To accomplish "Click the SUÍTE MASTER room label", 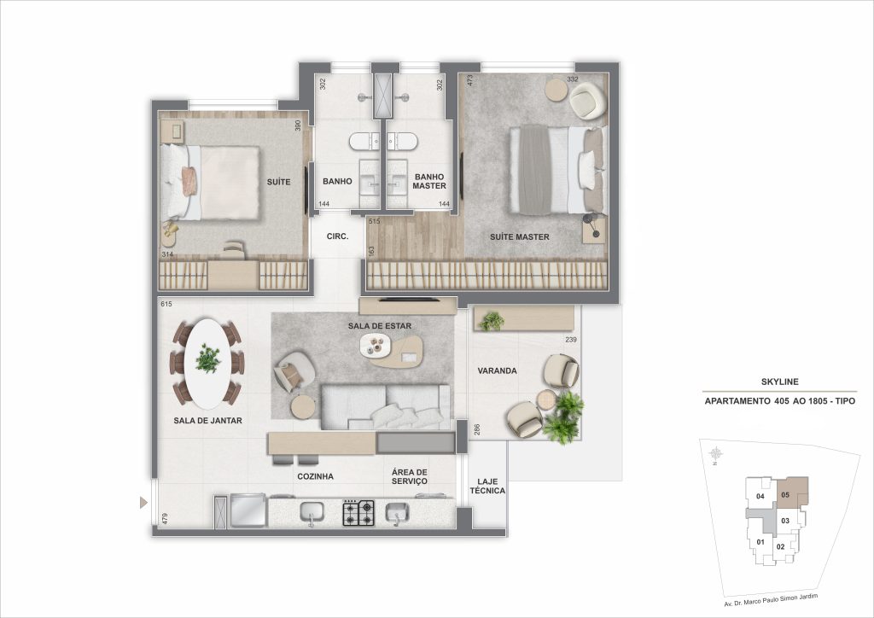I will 519,236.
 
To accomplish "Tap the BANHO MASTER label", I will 429,181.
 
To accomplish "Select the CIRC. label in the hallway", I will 336,236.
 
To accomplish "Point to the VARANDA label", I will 491,371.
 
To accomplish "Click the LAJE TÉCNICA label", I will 487,485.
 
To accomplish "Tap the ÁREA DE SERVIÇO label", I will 410,476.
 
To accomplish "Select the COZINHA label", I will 315,476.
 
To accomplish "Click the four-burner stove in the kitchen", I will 358,512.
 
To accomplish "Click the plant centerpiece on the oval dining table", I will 207,359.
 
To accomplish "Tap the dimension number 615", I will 166,305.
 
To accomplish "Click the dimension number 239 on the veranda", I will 569,341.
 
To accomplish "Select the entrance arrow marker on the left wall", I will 143,503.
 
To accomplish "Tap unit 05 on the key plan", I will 785,493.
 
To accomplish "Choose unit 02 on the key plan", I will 780,546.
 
